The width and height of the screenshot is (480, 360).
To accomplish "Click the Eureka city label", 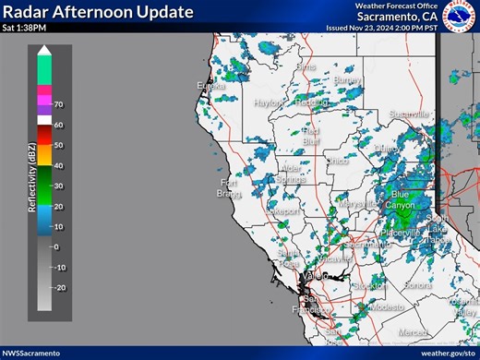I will [x=210, y=86].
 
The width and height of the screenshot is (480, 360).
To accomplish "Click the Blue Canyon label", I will [x=400, y=199].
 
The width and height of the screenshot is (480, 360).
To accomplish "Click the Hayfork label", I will [x=269, y=103].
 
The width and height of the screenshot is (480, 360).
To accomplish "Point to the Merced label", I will [x=413, y=331].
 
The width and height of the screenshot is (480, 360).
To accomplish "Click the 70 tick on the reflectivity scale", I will [x=58, y=104].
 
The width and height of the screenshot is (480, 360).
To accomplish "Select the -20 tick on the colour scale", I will [x=60, y=288].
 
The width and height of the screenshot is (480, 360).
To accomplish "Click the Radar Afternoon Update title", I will [x=98, y=12].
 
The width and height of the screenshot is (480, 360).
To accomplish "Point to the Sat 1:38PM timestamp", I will [x=23, y=28].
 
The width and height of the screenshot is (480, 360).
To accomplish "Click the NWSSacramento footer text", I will [x=31, y=353].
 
